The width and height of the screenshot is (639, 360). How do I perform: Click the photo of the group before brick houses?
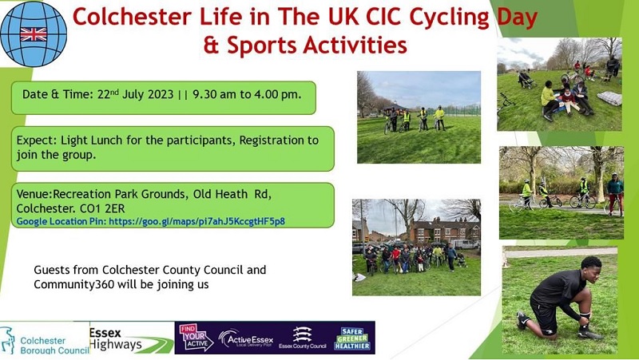416,247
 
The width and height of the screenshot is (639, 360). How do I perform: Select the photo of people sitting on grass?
558,84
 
